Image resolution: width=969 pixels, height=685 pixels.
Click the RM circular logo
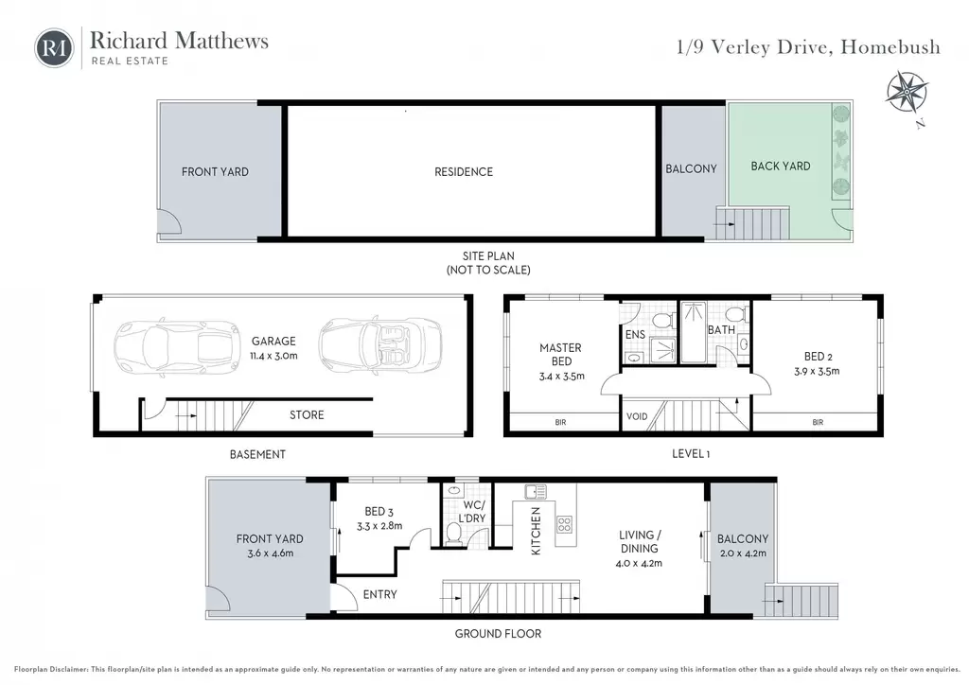coord(54,47)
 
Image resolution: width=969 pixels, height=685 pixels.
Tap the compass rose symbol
coord(907,93)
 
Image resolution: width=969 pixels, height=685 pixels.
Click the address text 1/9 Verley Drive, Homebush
coord(808,47)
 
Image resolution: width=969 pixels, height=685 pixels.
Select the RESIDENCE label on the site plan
coord(464,171)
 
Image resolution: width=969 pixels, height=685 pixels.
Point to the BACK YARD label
coord(781,166)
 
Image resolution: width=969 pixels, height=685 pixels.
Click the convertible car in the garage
coord(380,344)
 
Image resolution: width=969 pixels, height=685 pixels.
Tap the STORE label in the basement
coord(307,415)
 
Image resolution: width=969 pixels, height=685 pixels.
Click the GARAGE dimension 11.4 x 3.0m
coord(273,356)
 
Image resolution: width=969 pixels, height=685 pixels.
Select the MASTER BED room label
coord(560,355)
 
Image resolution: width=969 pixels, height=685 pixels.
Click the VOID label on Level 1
coord(637,416)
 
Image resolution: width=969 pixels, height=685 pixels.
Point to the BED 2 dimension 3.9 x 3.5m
coord(817,371)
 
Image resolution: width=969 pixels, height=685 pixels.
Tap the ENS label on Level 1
coord(635,334)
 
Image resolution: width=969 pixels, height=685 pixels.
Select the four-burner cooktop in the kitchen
coord(565,525)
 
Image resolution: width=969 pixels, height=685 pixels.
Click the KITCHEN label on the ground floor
coord(536,531)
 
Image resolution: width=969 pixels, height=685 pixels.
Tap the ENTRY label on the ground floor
coord(380,594)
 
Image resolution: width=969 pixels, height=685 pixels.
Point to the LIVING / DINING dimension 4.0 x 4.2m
coord(639,563)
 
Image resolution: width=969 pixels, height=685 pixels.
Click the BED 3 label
coord(379,512)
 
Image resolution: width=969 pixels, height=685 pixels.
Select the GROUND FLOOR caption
coord(498,634)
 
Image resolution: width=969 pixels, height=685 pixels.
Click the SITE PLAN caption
coord(488,255)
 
